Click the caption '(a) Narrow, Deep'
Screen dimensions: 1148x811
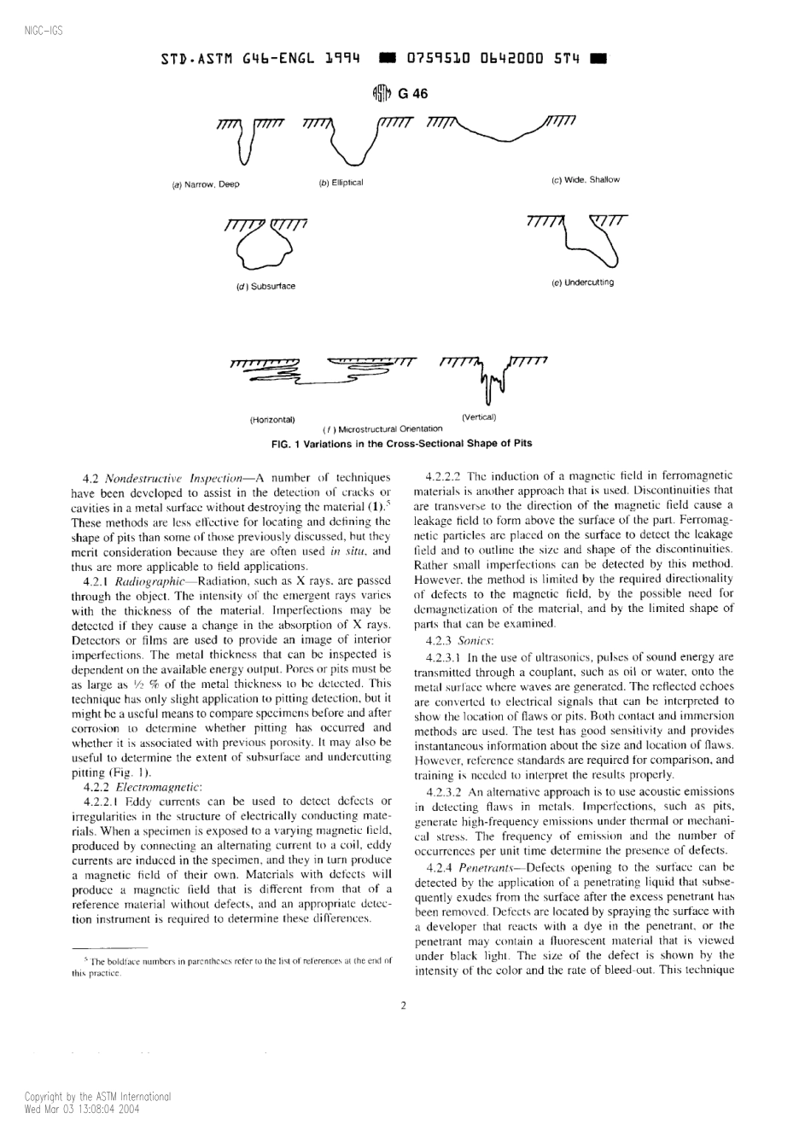point(206,184)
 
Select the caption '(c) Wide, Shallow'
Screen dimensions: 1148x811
point(586,180)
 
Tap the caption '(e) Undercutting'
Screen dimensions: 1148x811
point(582,283)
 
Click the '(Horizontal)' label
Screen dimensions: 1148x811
point(272,420)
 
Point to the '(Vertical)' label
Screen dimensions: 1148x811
point(479,417)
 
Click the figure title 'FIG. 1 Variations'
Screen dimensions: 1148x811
point(401,444)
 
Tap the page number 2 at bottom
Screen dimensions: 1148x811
point(403,1005)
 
